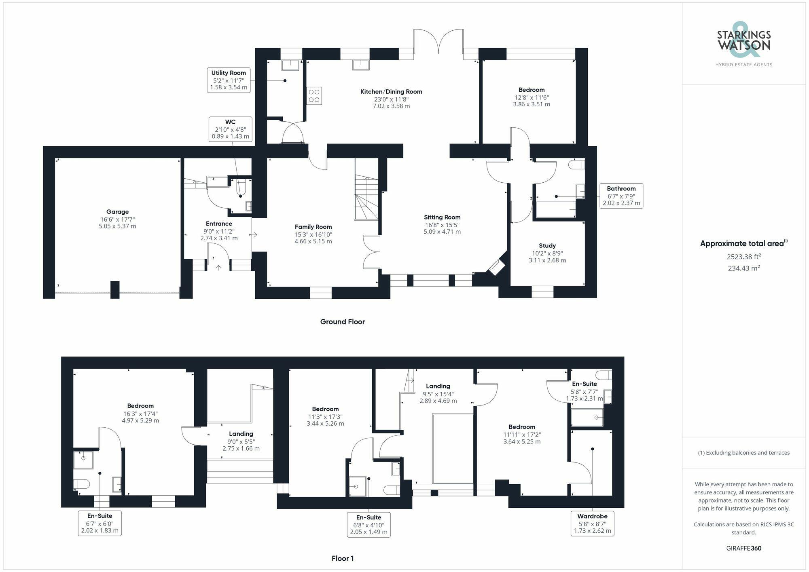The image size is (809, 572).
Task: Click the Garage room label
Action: click(117, 212)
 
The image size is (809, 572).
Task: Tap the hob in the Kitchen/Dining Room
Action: click(314, 96)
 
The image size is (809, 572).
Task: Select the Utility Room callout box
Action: click(229, 80)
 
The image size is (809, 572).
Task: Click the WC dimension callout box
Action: click(230, 129)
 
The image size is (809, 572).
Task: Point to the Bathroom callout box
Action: click(621, 196)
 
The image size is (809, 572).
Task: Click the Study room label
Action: click(547, 246)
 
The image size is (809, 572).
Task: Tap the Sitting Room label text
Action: click(442, 217)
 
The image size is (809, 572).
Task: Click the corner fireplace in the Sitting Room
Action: click(497, 267)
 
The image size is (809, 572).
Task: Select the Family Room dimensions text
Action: click(313, 238)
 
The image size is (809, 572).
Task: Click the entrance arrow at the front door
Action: click(218, 267)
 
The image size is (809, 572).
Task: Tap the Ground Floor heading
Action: click(342, 322)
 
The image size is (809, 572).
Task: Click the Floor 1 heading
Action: click(342, 558)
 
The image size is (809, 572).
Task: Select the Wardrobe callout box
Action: click(592, 523)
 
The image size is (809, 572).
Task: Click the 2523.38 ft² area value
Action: click(743, 257)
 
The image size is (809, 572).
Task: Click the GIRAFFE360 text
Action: click(743, 549)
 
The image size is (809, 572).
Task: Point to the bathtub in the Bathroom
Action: click(555, 209)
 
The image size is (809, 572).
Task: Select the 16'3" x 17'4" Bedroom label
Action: click(140, 413)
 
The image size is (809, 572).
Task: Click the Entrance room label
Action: click(219, 224)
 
